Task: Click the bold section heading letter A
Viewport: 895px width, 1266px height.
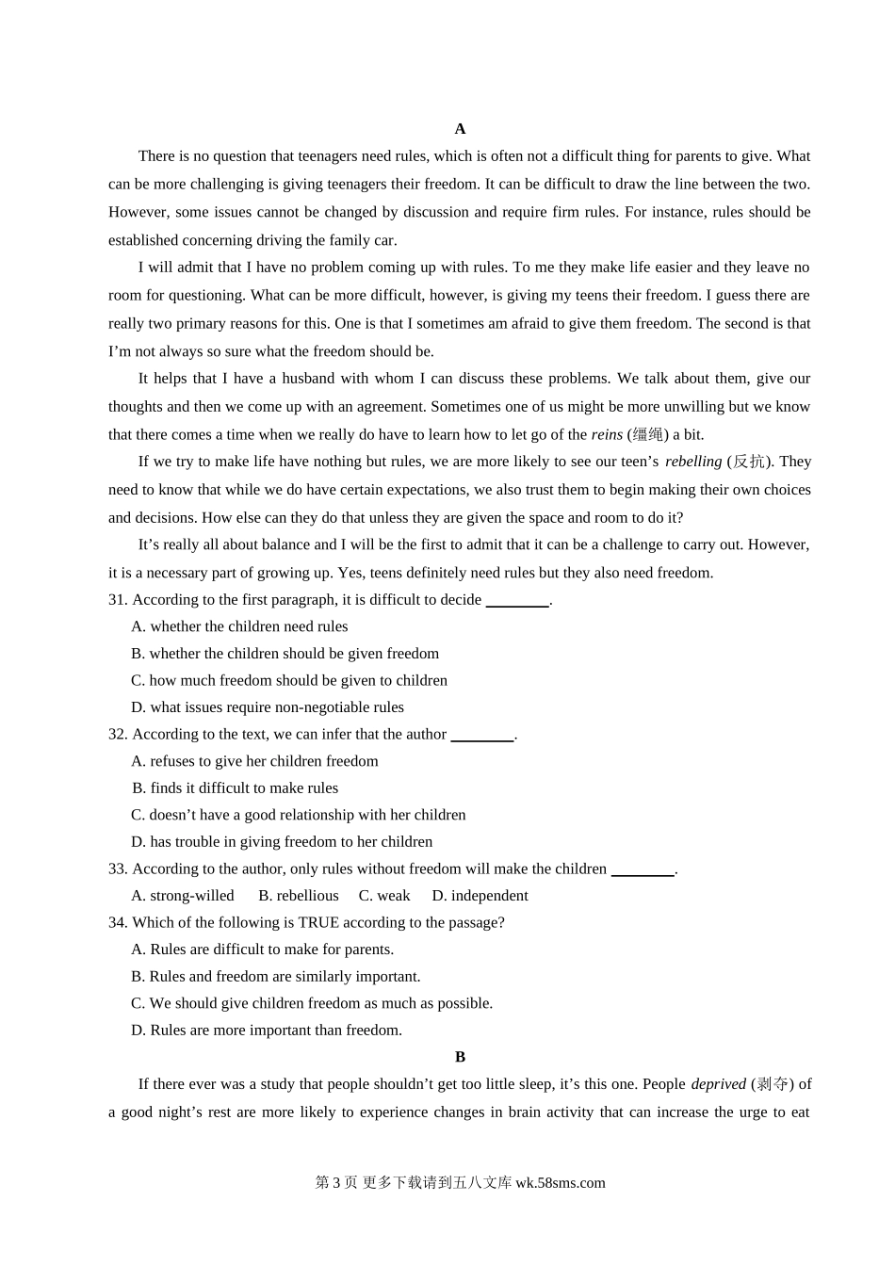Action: (460, 129)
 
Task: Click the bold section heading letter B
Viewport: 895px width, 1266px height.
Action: (460, 1057)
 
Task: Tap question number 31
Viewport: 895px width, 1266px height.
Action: (118, 600)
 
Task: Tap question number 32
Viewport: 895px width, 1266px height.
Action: (118, 735)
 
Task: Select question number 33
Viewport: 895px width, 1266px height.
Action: (118, 869)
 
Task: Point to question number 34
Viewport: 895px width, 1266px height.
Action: (118, 923)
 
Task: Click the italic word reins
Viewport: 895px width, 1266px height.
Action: (607, 435)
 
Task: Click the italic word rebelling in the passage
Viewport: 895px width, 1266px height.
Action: (693, 462)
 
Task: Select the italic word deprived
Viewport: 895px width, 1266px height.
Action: (718, 1084)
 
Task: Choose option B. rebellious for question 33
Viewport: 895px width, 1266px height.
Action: (299, 896)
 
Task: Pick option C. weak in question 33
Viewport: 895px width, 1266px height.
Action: (384, 896)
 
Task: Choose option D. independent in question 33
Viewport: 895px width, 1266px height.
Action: (480, 896)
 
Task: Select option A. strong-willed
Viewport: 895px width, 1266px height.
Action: (183, 896)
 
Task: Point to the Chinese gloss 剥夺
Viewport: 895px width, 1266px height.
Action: (773, 1084)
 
